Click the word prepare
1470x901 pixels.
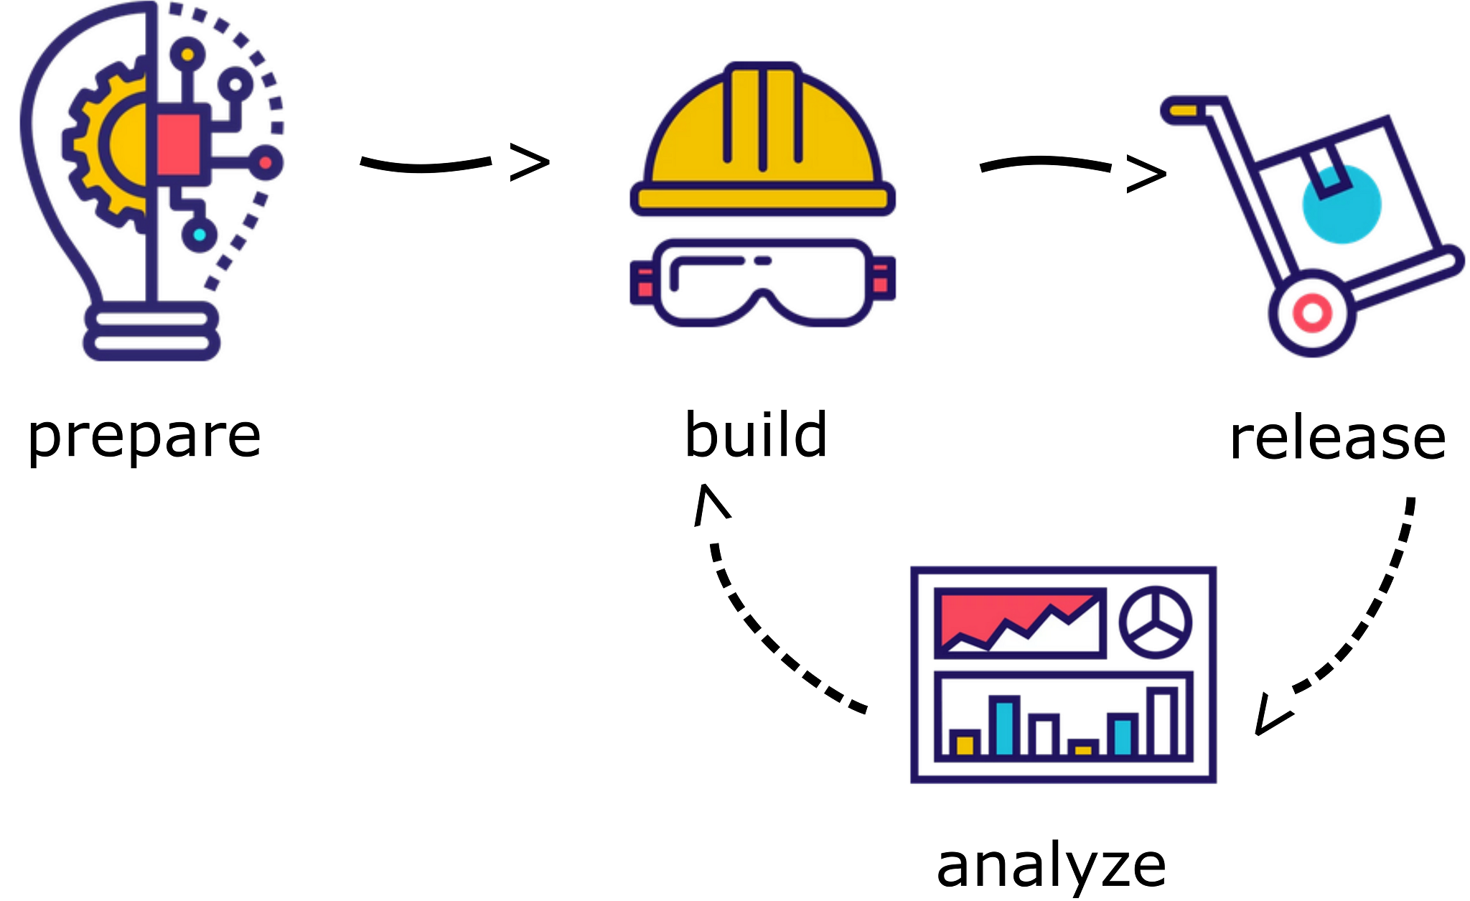[144, 437]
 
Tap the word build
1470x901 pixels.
[756, 434]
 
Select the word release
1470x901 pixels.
[1337, 439]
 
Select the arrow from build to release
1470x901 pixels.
[1072, 169]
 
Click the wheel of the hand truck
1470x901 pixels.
[1312, 313]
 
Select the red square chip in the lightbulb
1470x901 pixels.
[178, 144]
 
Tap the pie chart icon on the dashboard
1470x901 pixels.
[1155, 622]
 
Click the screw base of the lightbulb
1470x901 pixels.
[151, 331]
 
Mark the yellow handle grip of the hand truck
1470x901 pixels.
[1183, 111]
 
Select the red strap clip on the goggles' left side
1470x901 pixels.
[644, 281]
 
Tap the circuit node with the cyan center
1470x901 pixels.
[199, 234]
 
